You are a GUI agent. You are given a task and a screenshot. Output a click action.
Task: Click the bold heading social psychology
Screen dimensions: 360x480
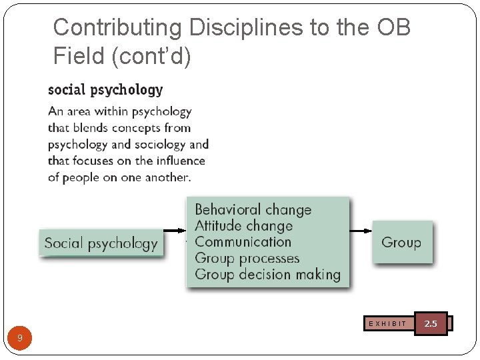[x=105, y=89]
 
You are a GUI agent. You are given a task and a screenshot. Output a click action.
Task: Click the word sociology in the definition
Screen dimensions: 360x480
[x=160, y=144]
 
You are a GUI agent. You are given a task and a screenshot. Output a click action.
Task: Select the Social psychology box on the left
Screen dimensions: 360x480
[x=101, y=243]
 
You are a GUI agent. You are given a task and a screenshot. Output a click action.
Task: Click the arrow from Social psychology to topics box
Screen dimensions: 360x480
[x=175, y=231]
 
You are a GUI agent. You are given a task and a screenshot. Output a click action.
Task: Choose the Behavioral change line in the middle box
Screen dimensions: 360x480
[x=253, y=210]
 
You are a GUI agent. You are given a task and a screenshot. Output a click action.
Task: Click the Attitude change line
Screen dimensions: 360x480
[x=243, y=226]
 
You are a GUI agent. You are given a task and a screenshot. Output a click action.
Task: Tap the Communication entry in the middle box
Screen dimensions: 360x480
[x=243, y=242]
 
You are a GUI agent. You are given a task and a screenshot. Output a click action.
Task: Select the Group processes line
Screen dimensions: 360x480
[x=247, y=258]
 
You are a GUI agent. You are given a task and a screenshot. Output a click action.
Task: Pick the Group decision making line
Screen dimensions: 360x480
[x=267, y=274]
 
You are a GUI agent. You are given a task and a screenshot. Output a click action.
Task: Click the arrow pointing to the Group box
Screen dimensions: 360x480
[x=361, y=231]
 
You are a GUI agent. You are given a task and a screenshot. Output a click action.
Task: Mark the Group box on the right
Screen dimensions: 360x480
[x=401, y=243]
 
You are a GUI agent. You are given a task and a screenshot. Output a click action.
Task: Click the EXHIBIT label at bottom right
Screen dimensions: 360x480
[x=387, y=324]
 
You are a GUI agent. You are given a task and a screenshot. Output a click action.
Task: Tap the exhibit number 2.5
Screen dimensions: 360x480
[x=431, y=323]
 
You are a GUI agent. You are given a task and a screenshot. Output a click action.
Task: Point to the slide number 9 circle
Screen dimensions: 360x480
[x=20, y=338]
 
